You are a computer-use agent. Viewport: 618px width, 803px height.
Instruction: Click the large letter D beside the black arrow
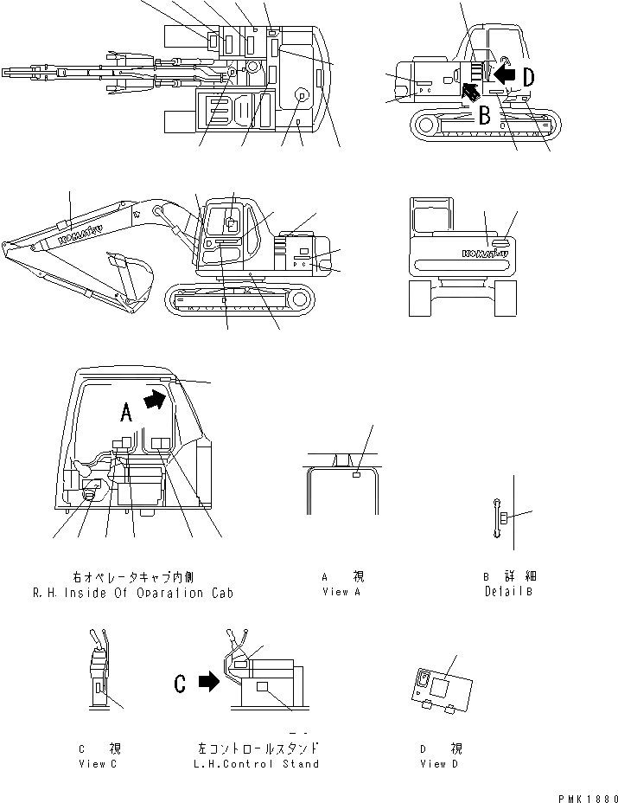pyautogui.click(x=527, y=76)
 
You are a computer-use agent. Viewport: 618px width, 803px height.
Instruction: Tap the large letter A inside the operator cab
pyautogui.click(x=126, y=414)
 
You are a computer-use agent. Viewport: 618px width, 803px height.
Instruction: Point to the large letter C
pyautogui.click(x=180, y=683)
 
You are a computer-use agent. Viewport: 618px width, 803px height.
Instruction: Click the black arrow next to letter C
pyautogui.click(x=208, y=683)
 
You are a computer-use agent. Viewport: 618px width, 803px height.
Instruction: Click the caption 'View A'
pyautogui.click(x=334, y=592)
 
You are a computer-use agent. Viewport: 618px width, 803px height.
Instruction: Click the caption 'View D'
pyautogui.click(x=441, y=764)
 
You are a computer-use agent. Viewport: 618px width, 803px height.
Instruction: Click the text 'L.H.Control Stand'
pyautogui.click(x=258, y=764)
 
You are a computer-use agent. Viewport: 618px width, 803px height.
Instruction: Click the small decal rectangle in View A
pyautogui.click(x=356, y=473)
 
